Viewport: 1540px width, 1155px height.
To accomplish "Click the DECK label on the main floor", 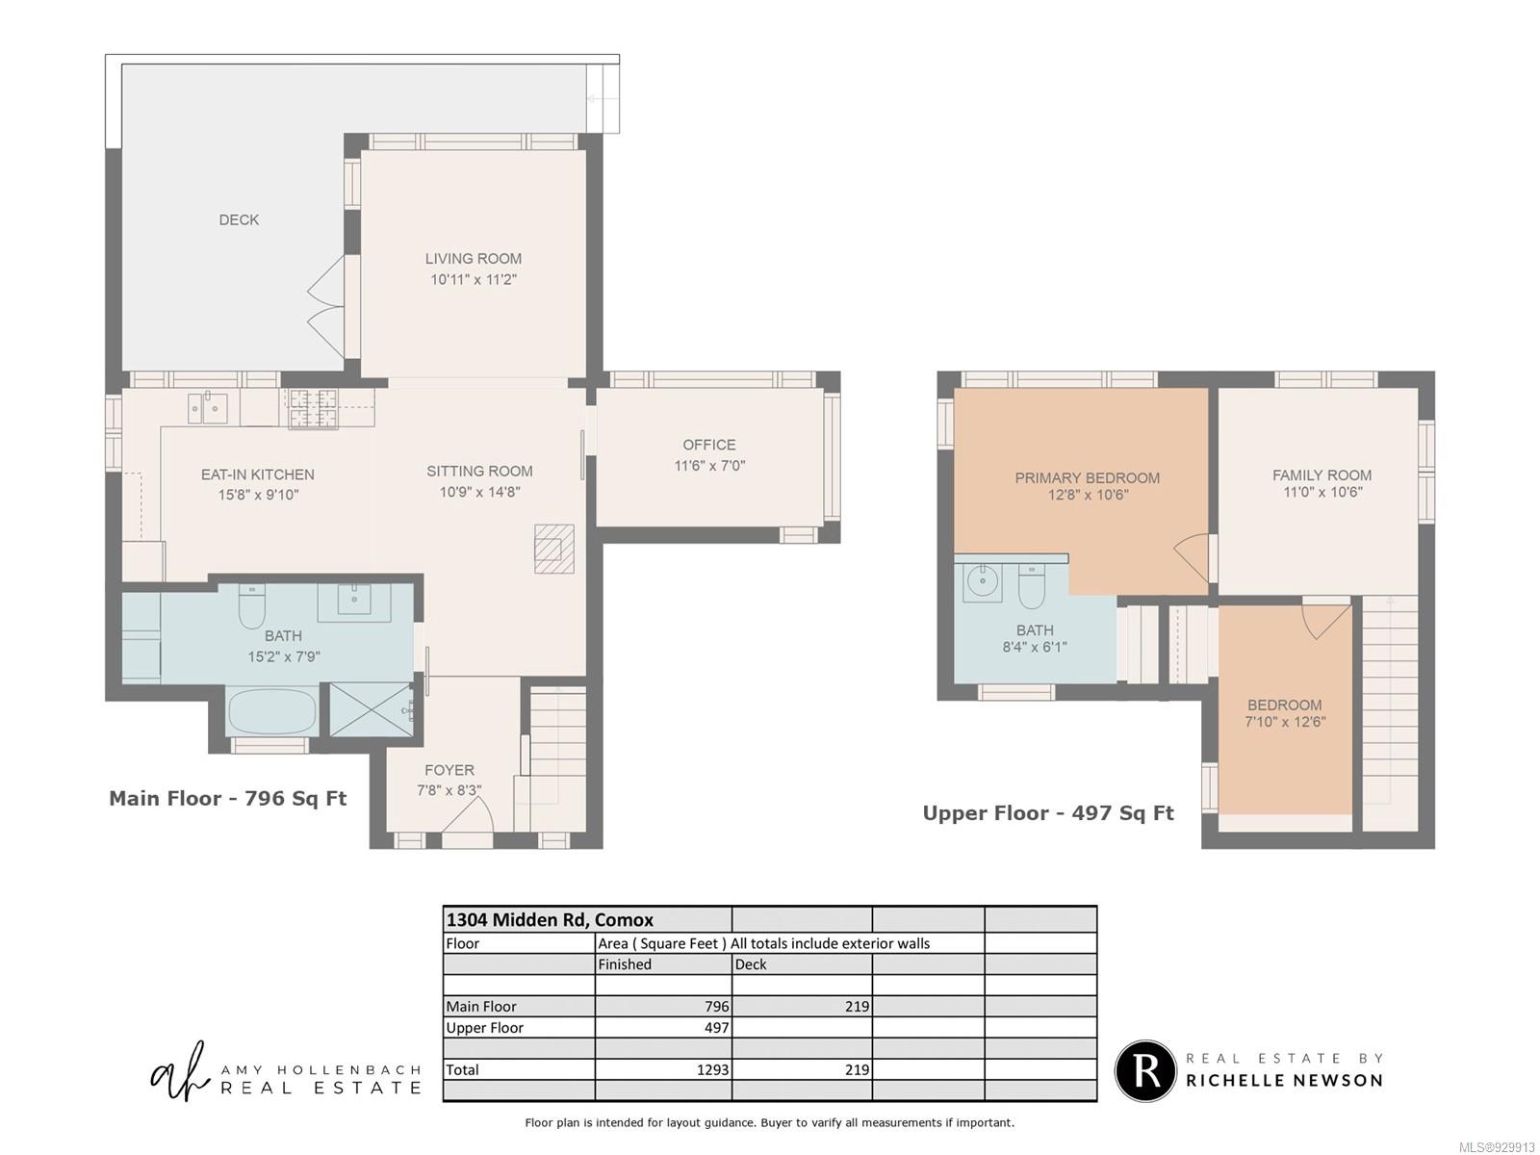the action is coord(239,220).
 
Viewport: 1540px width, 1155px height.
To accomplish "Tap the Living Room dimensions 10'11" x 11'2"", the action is coord(474,280).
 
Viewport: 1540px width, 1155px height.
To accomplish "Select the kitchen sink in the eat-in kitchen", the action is coord(207,407).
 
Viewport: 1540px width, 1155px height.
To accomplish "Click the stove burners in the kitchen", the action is coord(313,409).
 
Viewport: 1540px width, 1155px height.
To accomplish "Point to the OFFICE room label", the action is coord(709,446).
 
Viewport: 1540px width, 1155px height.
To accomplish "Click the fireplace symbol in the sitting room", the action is coord(554,549).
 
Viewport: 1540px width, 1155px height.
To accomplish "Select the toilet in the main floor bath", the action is coord(252,606).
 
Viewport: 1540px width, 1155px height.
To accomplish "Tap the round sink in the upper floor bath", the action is coord(983,581).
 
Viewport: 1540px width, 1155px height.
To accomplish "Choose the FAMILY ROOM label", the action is coord(1322,475).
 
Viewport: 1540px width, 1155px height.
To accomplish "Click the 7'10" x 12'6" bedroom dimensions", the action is coord(1285,722).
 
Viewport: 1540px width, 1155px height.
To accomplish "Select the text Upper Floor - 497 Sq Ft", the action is coord(1047,813).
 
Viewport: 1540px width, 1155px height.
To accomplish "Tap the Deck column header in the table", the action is coord(751,964).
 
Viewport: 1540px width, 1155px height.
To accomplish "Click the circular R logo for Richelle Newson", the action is coord(1145,1071).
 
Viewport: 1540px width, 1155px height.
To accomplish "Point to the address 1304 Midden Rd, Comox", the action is coord(550,919).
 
